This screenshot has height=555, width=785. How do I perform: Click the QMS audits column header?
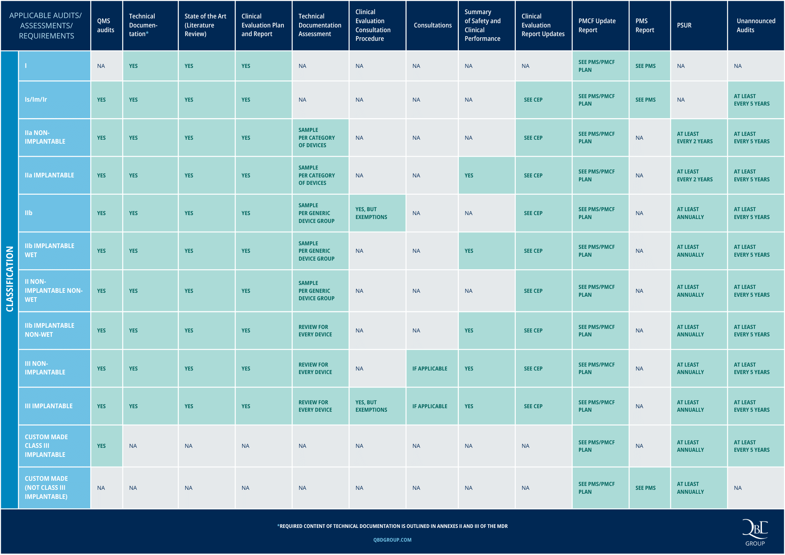point(106,26)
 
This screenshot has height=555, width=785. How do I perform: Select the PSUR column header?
point(684,26)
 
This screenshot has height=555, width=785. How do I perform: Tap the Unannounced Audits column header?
point(756,26)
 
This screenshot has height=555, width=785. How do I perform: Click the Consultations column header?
point(433,26)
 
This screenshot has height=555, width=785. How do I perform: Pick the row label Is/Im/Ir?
point(36,100)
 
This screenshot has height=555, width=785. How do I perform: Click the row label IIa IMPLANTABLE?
point(49,175)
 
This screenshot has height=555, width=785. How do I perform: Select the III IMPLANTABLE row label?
point(49,406)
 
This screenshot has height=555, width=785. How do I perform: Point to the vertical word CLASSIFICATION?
point(9,279)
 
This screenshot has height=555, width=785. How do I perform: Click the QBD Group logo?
point(755,532)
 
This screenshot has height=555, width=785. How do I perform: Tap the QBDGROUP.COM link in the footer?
point(392,540)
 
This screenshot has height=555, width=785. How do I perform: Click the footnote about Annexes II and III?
point(392,526)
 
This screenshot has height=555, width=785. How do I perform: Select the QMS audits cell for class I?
point(101,66)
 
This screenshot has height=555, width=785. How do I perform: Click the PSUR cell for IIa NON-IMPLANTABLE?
point(694,138)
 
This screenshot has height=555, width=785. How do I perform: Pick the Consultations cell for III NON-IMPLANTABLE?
point(430,369)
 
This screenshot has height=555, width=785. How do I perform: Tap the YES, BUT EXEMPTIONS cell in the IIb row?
point(371,213)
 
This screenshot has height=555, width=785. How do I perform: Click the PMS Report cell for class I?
point(645,66)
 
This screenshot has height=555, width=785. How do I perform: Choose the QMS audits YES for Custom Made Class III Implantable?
point(101,446)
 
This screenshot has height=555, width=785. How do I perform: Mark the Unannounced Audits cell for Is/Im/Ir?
point(752,100)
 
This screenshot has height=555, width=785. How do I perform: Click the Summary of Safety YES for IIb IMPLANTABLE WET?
point(469,251)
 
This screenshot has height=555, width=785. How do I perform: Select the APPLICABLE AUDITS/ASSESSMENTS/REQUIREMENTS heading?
point(46,26)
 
